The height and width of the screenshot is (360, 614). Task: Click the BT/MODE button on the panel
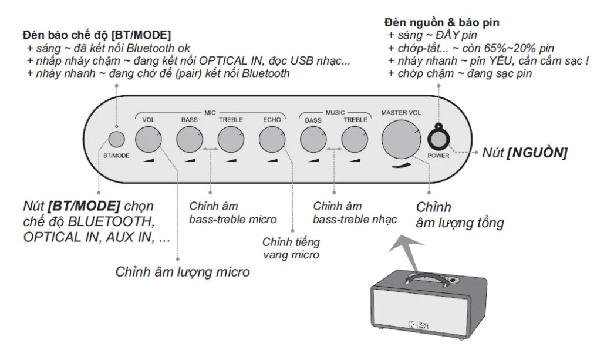(116, 139)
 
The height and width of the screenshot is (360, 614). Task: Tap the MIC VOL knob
(148, 140)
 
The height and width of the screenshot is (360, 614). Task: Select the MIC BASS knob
(189, 140)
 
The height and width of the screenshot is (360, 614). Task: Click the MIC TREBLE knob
(230, 140)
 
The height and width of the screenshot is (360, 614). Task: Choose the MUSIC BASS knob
(313, 140)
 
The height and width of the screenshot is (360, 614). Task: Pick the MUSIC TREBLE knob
(354, 140)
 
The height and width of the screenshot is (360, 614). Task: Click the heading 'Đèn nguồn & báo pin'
(441, 22)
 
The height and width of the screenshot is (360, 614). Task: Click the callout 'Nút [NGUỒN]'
(524, 154)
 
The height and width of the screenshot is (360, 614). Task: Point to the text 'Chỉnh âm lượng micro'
(183, 272)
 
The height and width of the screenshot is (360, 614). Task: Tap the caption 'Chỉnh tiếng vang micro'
(291, 248)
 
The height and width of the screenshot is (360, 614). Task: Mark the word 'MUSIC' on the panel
(335, 111)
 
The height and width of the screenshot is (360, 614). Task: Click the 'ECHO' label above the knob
(272, 120)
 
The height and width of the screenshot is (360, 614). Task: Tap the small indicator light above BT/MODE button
(116, 126)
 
